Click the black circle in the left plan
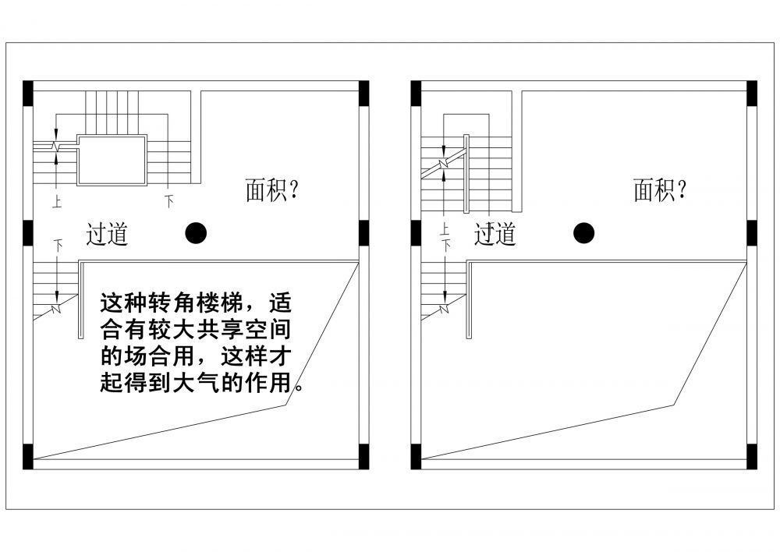[197, 232]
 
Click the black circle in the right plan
[583, 232]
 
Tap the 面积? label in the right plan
[660, 189]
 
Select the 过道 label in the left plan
[107, 233]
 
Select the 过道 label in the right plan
[495, 233]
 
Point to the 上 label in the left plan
[57, 203]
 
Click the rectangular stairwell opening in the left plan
[112, 161]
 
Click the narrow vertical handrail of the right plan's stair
[466, 173]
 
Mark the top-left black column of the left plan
[27, 93]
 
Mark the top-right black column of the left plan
[363, 93]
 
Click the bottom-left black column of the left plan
[27, 456]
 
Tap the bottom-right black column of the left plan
[363, 456]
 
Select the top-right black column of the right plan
[752, 93]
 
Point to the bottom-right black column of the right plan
[752, 456]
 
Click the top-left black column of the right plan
[416, 93]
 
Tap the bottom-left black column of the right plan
[416, 456]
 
